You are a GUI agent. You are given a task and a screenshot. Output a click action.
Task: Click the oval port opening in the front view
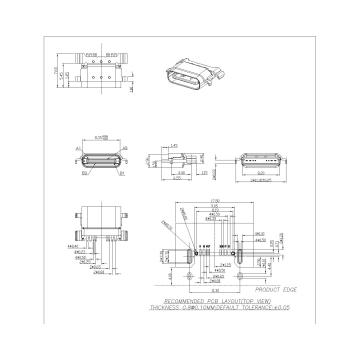102,164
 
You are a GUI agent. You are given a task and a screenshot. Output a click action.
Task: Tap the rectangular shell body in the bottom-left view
100,225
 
